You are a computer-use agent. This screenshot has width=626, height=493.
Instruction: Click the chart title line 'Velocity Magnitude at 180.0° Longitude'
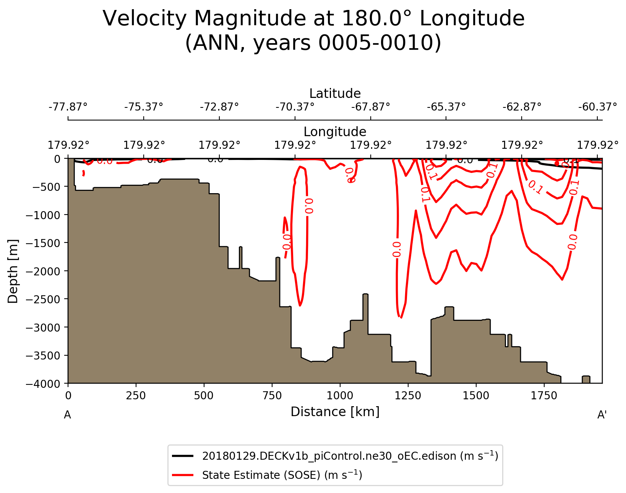pos(313,18)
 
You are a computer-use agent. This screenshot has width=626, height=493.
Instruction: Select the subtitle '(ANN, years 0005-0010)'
pos(313,43)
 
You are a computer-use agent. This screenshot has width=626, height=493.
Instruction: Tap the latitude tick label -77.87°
pos(68,106)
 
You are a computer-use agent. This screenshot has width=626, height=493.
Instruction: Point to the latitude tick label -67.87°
pos(371,106)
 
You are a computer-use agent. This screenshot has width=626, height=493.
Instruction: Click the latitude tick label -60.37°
pos(597,106)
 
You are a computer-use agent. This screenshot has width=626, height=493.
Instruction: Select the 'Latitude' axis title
pos(335,93)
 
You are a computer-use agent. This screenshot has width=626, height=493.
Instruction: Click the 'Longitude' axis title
pos(335,132)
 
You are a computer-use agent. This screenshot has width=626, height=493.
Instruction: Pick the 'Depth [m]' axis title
pos(13,271)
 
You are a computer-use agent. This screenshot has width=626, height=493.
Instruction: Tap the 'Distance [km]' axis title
pos(335,412)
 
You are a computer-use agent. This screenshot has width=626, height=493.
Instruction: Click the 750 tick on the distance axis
pos(272,395)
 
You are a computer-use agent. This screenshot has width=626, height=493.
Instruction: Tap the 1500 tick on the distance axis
pos(476,395)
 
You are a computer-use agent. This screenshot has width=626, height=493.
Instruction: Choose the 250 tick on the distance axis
pos(136,395)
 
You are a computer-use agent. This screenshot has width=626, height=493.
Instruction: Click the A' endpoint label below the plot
pos(602,415)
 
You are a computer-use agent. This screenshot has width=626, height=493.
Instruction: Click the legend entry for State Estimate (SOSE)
pos(282,475)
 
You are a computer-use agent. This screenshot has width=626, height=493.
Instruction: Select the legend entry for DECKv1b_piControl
pos(350,456)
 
